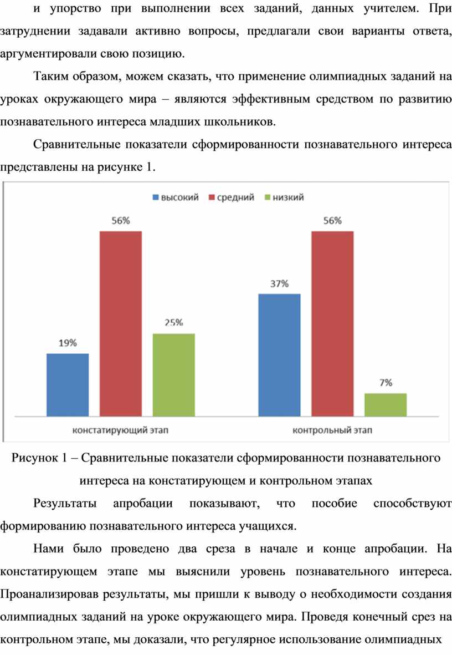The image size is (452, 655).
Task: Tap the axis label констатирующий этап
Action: [x=120, y=429]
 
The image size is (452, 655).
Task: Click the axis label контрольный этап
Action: [x=332, y=429]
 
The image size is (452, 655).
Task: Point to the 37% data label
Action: [x=279, y=283]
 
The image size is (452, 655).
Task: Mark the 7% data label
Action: [x=386, y=382]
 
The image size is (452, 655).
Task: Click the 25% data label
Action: [x=173, y=323]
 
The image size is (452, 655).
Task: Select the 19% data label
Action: [x=68, y=343]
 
